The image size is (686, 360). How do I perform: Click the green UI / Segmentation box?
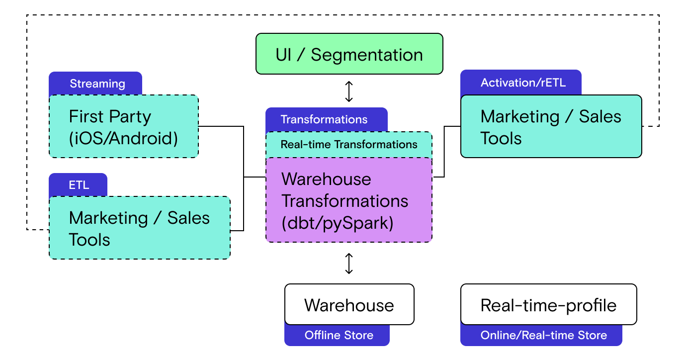[349, 54]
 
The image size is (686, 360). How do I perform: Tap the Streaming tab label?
[97, 84]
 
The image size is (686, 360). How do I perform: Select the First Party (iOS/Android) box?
[123, 126]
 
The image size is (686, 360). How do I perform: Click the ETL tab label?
[79, 185]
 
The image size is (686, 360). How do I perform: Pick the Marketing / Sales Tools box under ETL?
[139, 228]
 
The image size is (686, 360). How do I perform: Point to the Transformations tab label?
[324, 119]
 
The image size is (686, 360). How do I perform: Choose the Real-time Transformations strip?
[349, 145]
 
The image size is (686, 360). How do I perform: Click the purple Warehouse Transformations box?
[349, 200]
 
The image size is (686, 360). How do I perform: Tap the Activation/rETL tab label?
[523, 83]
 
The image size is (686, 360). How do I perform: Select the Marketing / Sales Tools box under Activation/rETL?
[551, 126]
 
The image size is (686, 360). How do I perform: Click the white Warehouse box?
[349, 305]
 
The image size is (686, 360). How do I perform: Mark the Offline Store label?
[339, 335]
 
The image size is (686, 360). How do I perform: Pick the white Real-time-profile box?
[548, 305]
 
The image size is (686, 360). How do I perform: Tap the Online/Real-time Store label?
[543, 335]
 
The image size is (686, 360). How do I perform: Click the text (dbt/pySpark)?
[338, 223]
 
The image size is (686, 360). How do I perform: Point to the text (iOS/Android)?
[123, 138]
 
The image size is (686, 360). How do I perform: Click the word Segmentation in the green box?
[367, 55]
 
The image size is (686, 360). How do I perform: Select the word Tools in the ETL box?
[89, 240]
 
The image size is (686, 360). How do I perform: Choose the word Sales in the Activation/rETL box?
[600, 116]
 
